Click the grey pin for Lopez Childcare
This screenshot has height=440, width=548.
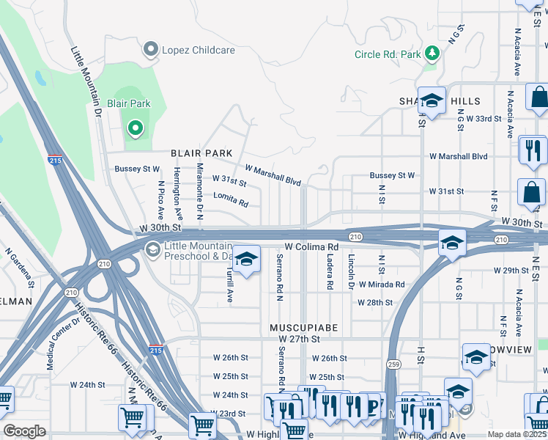(152, 51)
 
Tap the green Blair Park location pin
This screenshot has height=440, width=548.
(135, 129)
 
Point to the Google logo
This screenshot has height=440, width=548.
(24, 431)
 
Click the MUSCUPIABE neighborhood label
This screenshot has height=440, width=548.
(303, 327)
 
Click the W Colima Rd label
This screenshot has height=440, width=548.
(311, 247)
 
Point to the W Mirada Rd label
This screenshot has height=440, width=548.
(380, 285)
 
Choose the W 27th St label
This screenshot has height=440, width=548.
(300, 340)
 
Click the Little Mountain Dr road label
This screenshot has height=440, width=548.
(85, 82)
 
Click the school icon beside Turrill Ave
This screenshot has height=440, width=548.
(247, 260)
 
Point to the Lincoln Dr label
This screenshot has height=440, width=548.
(351, 272)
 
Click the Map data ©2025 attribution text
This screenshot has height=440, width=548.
(516, 434)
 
